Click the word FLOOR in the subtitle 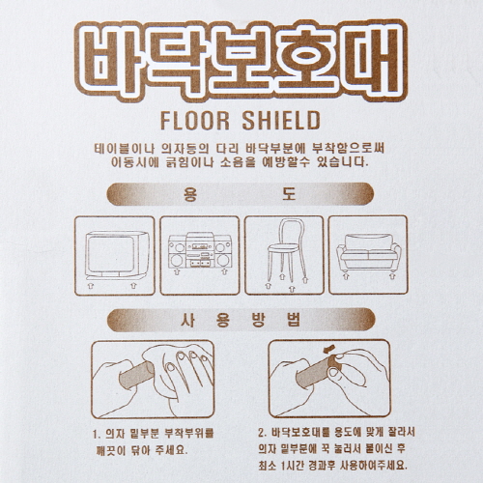[195, 121]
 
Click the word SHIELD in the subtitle [281, 121]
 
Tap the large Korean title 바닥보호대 [241, 60]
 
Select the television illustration [117, 255]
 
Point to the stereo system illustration [200, 250]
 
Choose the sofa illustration [369, 252]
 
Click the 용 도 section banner [241, 194]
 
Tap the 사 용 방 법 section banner [241, 320]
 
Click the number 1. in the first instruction [97, 435]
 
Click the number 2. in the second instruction [263, 433]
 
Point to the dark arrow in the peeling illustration [328, 349]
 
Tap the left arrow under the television [91, 286]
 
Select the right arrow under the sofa [392, 276]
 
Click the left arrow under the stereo [177, 272]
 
